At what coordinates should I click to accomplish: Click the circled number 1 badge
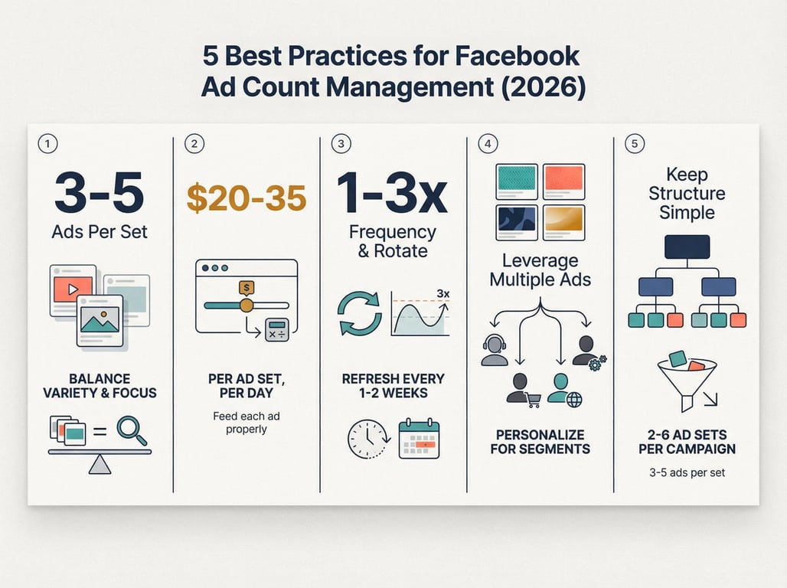(47, 144)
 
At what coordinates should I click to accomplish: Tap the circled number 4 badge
(488, 144)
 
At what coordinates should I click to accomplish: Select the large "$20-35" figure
(247, 198)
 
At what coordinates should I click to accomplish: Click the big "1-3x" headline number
(392, 194)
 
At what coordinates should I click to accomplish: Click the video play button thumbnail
(73, 289)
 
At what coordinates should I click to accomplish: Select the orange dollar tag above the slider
(247, 288)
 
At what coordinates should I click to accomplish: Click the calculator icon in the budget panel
(277, 330)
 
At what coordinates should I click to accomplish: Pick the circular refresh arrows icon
(359, 313)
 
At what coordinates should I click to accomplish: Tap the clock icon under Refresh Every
(368, 439)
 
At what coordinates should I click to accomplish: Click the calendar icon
(419, 439)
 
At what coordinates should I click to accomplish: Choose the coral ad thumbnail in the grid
(563, 181)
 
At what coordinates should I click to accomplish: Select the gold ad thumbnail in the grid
(563, 223)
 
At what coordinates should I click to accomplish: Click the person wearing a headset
(495, 350)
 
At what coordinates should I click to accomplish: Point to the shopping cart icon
(534, 400)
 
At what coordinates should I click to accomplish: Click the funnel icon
(687, 380)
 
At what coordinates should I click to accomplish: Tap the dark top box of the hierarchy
(687, 247)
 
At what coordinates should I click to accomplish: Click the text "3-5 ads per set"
(687, 472)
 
